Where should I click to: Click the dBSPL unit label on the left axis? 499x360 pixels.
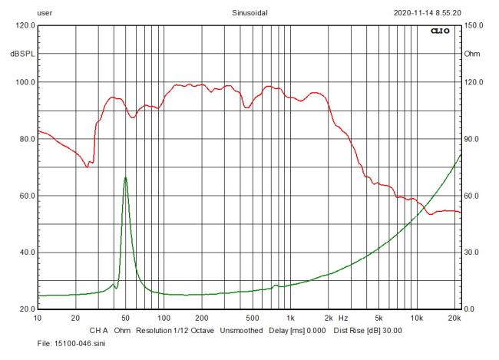24,54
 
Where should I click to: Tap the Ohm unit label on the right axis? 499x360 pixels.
472,54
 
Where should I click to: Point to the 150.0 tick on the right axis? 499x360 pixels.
473,25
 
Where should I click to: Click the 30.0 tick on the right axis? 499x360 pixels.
471,253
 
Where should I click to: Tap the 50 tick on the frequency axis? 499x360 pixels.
125,318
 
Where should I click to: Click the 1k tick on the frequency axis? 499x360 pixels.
290,318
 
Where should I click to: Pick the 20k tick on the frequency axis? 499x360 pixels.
454,318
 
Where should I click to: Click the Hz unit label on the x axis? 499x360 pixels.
343,318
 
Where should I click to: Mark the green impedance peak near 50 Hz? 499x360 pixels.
125,177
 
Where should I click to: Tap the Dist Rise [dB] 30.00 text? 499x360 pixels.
365,331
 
